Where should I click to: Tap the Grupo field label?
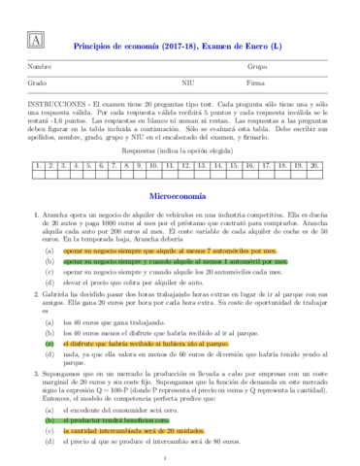[x=258, y=68]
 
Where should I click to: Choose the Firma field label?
[x=256, y=84]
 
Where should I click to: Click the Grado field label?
[x=38, y=84]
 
